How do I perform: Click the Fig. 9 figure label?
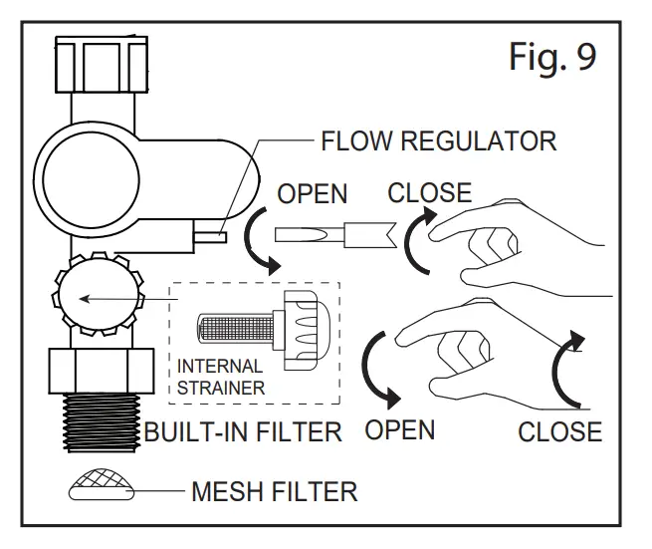[552, 57]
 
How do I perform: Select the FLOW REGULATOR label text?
[439, 141]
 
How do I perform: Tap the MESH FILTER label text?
[275, 491]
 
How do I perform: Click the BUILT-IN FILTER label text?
[243, 431]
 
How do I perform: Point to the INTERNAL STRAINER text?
[221, 377]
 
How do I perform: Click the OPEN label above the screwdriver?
[313, 194]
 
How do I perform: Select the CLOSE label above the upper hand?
[430, 192]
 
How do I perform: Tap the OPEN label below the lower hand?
[399, 430]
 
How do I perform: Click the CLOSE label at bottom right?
[560, 431]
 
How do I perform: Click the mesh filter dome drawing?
[102, 484]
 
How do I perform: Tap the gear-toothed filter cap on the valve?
[99, 294]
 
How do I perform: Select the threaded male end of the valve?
[102, 422]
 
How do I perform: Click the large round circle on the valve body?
[91, 180]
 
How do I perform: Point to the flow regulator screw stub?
[210, 237]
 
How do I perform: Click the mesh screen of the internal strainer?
[235, 327]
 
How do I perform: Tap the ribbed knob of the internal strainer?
[301, 330]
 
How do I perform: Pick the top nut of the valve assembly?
[102, 64]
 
